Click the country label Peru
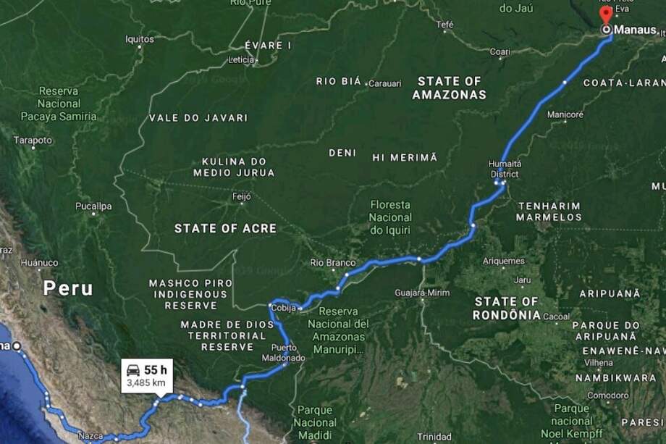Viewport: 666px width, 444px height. pos(68,288)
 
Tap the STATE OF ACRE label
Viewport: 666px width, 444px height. pos(225,228)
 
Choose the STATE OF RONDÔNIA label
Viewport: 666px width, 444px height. pos(507,308)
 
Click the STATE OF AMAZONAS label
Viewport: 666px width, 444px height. pos(449,88)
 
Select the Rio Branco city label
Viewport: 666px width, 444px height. pos(332,262)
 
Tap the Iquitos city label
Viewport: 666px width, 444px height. pos(139,39)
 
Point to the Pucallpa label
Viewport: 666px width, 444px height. pos(93,206)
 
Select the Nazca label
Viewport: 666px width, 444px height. pos(90,436)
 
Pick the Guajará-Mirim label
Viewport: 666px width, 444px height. pos(422,293)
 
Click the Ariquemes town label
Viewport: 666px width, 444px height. pos(503,261)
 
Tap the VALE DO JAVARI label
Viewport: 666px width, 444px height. pos(198,117)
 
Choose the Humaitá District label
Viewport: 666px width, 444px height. pos(504,169)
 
